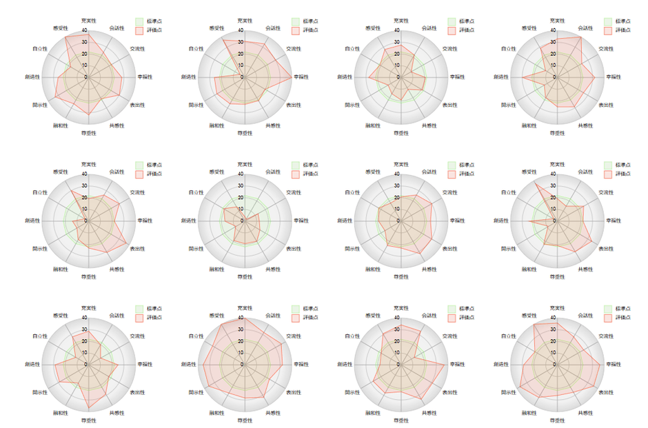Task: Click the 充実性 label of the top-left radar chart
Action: (x=88, y=20)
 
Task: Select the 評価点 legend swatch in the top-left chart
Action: (x=139, y=30)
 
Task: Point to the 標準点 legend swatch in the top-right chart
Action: (x=607, y=21)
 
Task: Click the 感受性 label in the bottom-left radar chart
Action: (x=61, y=315)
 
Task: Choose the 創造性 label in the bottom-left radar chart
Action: (x=32, y=364)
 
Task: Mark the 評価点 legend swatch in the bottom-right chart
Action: (x=607, y=318)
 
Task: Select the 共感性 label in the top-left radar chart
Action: (x=117, y=125)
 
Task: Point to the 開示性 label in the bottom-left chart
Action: (x=39, y=392)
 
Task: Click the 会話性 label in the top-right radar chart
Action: (x=585, y=28)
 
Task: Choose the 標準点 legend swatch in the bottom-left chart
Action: (x=139, y=309)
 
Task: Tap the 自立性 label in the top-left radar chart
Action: (x=39, y=48)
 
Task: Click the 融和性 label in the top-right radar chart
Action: (x=529, y=125)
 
